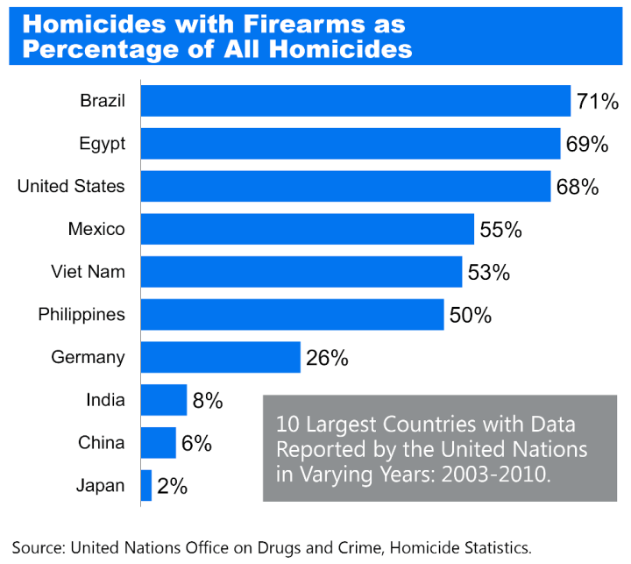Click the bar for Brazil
click(355, 101)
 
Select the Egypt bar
click(350, 144)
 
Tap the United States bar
click(345, 186)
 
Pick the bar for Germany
click(220, 357)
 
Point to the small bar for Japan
click(145, 485)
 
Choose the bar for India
click(163, 400)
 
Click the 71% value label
click(599, 102)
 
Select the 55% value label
click(500, 230)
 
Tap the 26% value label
click(327, 358)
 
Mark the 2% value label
click(172, 486)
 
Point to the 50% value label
click(470, 315)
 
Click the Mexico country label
click(96, 230)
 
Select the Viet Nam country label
click(89, 272)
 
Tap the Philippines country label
click(82, 315)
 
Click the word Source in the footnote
click(37, 548)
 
